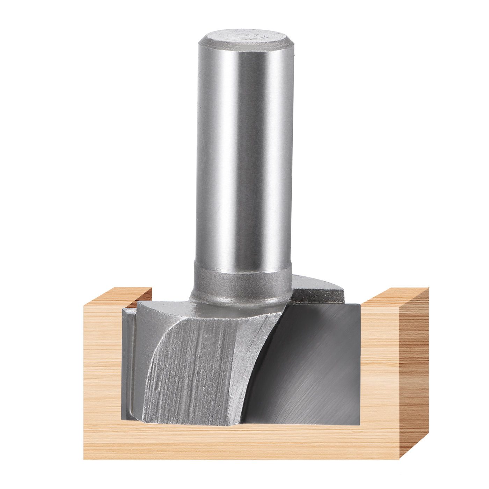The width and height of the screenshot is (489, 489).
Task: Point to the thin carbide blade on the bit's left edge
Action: (x=127, y=363)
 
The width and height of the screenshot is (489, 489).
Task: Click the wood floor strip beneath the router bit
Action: (x=241, y=442)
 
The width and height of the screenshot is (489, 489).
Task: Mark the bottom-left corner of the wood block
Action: (x=84, y=459)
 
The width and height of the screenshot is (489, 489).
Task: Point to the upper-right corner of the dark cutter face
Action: (x=359, y=305)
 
